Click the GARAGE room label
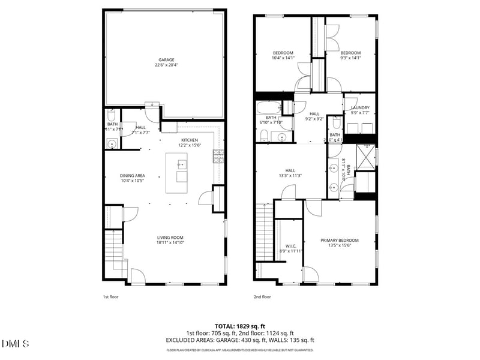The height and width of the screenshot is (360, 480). pos(166,60)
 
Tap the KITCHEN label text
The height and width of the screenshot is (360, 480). pos(190,139)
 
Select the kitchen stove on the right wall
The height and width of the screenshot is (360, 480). pos(218,156)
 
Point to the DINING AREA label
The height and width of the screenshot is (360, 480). pos(133,176)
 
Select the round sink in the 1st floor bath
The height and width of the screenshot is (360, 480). pos(112,143)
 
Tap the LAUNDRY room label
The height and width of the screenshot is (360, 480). pos(360,108)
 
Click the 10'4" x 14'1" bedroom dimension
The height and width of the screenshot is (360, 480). pos(283,58)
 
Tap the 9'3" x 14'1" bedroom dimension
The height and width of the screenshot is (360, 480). pos(351,58)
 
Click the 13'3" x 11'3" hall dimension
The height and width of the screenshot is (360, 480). pos(290,176)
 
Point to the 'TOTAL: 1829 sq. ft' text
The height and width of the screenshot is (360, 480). pos(240,326)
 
